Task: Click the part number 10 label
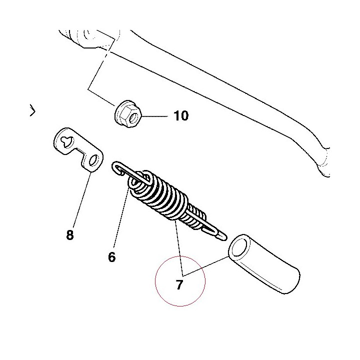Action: (x=181, y=115)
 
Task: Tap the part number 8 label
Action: (x=70, y=235)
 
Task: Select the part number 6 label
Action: (x=112, y=257)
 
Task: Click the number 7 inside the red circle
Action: (x=179, y=284)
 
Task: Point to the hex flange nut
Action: (x=128, y=114)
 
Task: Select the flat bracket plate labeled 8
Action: (x=78, y=149)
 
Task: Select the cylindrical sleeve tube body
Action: (x=264, y=264)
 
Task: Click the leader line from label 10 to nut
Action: (x=154, y=116)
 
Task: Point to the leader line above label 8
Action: (x=82, y=200)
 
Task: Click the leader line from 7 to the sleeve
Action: (x=205, y=266)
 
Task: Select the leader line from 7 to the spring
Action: (x=179, y=247)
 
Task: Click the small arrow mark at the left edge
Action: (x=33, y=110)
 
